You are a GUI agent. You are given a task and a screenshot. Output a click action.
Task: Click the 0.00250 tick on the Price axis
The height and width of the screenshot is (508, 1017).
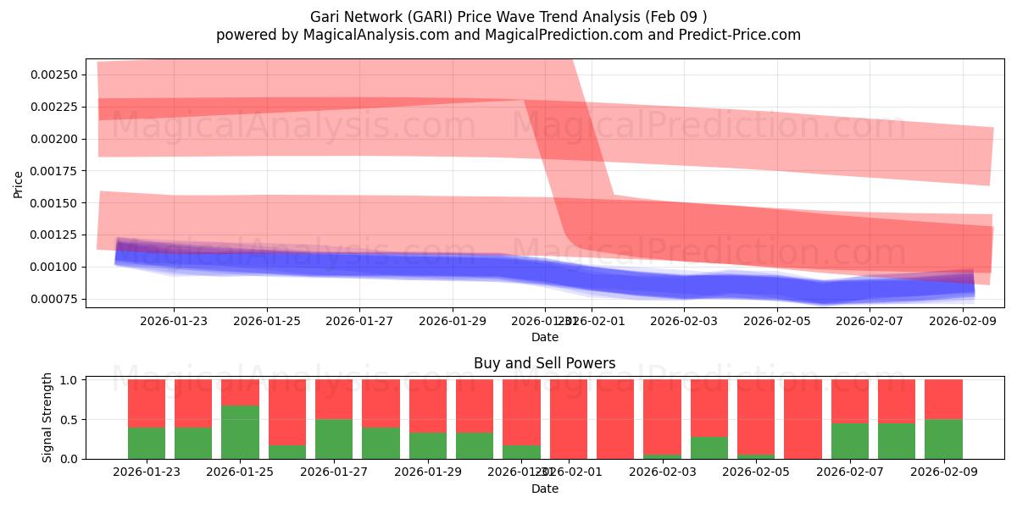point(55,75)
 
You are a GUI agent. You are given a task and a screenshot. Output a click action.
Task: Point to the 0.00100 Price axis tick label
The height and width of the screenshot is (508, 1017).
point(55,268)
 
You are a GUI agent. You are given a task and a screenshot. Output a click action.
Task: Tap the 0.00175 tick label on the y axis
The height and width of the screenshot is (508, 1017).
point(55,171)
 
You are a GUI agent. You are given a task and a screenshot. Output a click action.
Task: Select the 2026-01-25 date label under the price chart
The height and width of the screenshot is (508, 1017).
point(267,321)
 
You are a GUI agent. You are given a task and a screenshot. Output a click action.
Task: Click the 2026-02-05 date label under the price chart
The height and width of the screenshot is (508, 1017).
point(777,321)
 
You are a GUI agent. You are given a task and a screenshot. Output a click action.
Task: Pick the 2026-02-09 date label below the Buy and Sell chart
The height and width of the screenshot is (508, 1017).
point(943,472)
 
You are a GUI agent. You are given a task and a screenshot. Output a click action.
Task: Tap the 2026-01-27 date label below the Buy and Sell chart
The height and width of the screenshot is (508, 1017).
point(334,472)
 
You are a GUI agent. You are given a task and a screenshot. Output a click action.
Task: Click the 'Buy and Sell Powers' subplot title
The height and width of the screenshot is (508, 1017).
point(544,364)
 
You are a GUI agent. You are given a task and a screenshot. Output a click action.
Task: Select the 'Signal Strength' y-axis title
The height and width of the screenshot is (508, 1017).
point(47,417)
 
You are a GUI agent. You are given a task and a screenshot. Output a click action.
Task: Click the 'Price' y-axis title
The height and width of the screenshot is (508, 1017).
point(19,184)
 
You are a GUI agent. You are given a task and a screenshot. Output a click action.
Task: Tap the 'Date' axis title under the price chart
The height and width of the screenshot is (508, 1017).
point(544,337)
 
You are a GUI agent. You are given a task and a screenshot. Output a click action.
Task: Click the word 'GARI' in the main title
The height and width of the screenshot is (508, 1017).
point(415,16)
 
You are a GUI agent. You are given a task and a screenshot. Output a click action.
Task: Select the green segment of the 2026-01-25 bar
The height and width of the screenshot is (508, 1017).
point(240,432)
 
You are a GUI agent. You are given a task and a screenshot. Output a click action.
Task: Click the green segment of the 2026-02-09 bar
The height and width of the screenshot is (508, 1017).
point(943,439)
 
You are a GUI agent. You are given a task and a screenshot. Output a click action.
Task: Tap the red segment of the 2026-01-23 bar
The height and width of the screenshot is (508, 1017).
point(147,403)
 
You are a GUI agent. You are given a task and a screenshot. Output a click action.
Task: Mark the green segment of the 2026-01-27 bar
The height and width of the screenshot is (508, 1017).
point(334,439)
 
